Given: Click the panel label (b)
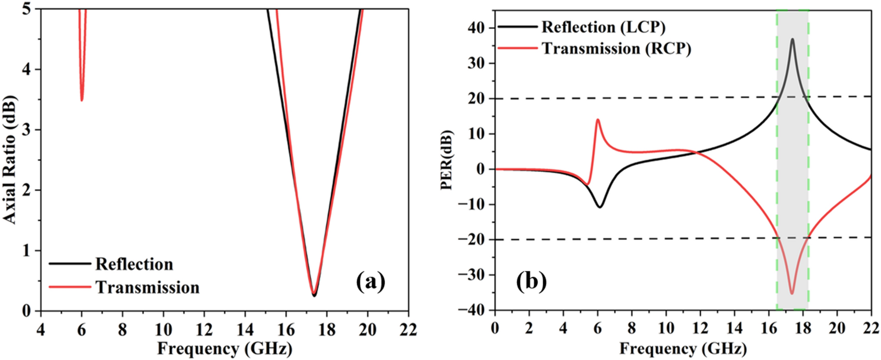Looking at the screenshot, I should tap(531, 281).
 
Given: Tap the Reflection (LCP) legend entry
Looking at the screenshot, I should tap(603, 27).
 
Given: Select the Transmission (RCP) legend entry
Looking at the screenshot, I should tap(616, 49).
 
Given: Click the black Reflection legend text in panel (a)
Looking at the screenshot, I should tap(134, 264).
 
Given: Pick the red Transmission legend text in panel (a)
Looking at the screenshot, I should tap(147, 288).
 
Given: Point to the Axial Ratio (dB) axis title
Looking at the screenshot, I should tap(9, 160).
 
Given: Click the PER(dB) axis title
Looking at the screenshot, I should tap(446, 160).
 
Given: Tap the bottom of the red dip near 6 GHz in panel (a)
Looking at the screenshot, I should tap(82, 100).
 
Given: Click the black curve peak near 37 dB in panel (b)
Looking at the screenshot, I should tap(792, 40).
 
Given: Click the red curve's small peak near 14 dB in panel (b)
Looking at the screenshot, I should tap(597, 119).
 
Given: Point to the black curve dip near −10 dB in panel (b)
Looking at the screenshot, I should tap(600, 207).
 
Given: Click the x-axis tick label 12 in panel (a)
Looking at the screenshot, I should tap(204, 329).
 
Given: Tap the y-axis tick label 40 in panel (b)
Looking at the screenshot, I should tap(475, 28).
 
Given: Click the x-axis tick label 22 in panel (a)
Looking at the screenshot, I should tap(408, 329).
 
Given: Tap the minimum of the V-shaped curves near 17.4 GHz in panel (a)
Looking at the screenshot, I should tap(314, 295).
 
